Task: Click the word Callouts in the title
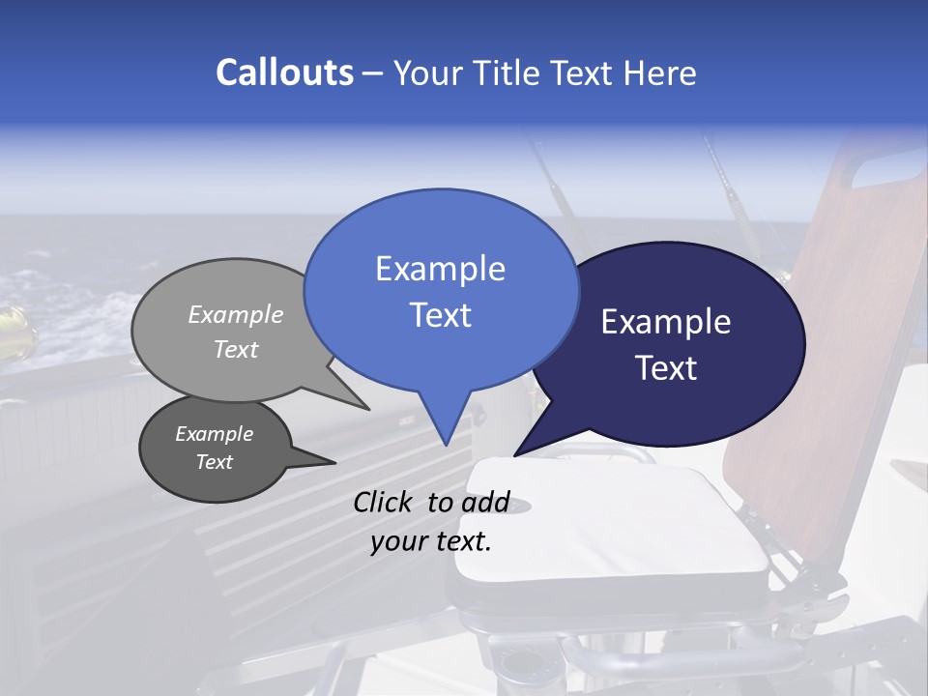[x=284, y=72]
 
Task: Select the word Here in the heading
[x=660, y=72]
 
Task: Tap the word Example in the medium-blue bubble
[x=440, y=269]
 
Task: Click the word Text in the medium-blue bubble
[x=440, y=315]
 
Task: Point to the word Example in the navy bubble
[x=666, y=322]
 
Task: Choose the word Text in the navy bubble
[x=666, y=368]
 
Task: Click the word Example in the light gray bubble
[x=236, y=314]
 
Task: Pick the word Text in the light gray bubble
[x=236, y=349]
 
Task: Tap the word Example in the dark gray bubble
[x=214, y=434]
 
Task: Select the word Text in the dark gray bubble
[x=214, y=462]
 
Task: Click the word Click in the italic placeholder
[x=385, y=502]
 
